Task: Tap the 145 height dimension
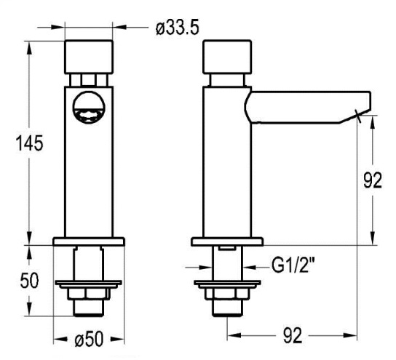[29, 143]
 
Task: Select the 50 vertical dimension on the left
[29, 281]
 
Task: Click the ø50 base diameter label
[89, 339]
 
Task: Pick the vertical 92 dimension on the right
[373, 180]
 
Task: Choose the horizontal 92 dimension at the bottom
[293, 335]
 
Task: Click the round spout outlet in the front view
[89, 108]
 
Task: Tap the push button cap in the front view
[89, 57]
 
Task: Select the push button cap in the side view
[227, 57]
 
